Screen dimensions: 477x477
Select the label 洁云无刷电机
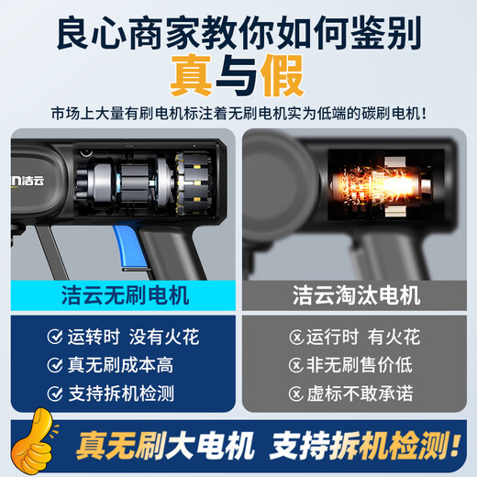pyautogui.click(x=119, y=295)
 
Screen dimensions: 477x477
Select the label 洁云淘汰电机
pyautogui.click(x=357, y=295)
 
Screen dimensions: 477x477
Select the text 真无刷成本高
pyautogui.click(x=120, y=364)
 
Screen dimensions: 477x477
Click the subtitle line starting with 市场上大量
pyautogui.click(x=238, y=115)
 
